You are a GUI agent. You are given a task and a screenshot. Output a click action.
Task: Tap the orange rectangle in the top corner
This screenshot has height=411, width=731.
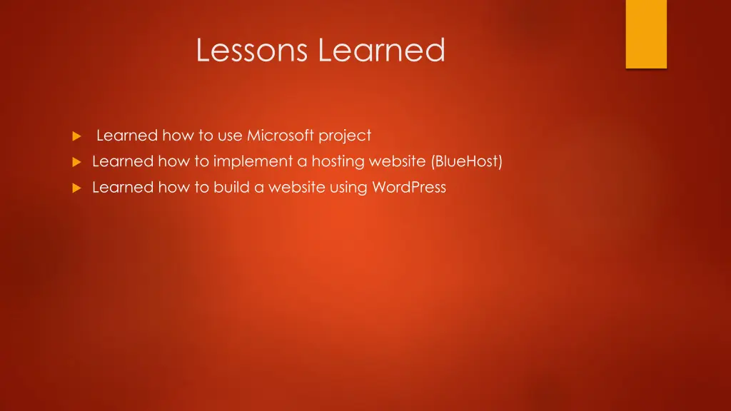[x=646, y=34]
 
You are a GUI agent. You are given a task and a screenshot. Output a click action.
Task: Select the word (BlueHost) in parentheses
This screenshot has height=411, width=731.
[x=467, y=162]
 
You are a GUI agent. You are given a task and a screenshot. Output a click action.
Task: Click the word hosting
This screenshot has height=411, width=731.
[x=338, y=162]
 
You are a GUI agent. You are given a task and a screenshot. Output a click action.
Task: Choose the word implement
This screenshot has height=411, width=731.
[x=253, y=162]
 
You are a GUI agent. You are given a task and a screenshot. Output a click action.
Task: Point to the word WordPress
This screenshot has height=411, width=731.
[x=409, y=188]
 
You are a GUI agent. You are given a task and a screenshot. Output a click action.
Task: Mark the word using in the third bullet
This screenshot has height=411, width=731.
[x=348, y=188]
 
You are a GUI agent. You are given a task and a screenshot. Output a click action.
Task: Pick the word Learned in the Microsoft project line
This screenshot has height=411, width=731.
[x=127, y=136]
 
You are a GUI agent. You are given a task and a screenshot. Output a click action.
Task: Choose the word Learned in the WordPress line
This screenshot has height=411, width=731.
[x=123, y=188]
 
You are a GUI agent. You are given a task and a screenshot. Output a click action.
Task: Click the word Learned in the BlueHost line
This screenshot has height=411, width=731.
[x=123, y=162]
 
